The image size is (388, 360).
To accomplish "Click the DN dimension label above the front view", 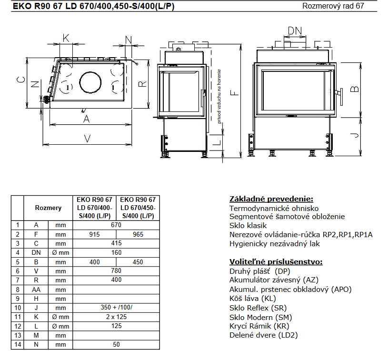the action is coord(295,31).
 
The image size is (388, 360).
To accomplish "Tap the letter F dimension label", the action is coord(234,93).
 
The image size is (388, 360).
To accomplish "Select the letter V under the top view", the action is coord(87,139).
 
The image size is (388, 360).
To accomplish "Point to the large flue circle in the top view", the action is coord(90,82).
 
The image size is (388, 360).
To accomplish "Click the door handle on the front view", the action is coord(340,97).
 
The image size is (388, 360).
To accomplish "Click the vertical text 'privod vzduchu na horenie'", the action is coord(219,96).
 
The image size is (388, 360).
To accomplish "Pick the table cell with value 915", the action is coord(95,234).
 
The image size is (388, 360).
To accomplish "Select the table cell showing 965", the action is coord(138,234).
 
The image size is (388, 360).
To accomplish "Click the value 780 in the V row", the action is coord(116,270).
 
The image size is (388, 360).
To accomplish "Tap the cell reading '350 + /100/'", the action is coord(116,307).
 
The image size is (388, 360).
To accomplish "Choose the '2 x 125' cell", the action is coord(116,317).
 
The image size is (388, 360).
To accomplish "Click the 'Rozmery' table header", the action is coord(48,208).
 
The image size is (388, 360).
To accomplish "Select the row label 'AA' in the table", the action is coord(36,290).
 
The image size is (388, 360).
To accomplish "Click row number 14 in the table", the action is coord(18,344).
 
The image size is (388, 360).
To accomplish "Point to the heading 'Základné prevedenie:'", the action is coord(271,199).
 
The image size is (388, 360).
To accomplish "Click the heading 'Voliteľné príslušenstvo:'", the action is coord(276,262).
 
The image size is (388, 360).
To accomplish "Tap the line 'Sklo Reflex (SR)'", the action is coord(258,308).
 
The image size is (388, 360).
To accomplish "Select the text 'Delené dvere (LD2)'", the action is coord(264,335).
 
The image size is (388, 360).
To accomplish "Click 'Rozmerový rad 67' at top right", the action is coord(333,6).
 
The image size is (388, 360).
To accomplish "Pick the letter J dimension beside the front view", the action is coord(355,135).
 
